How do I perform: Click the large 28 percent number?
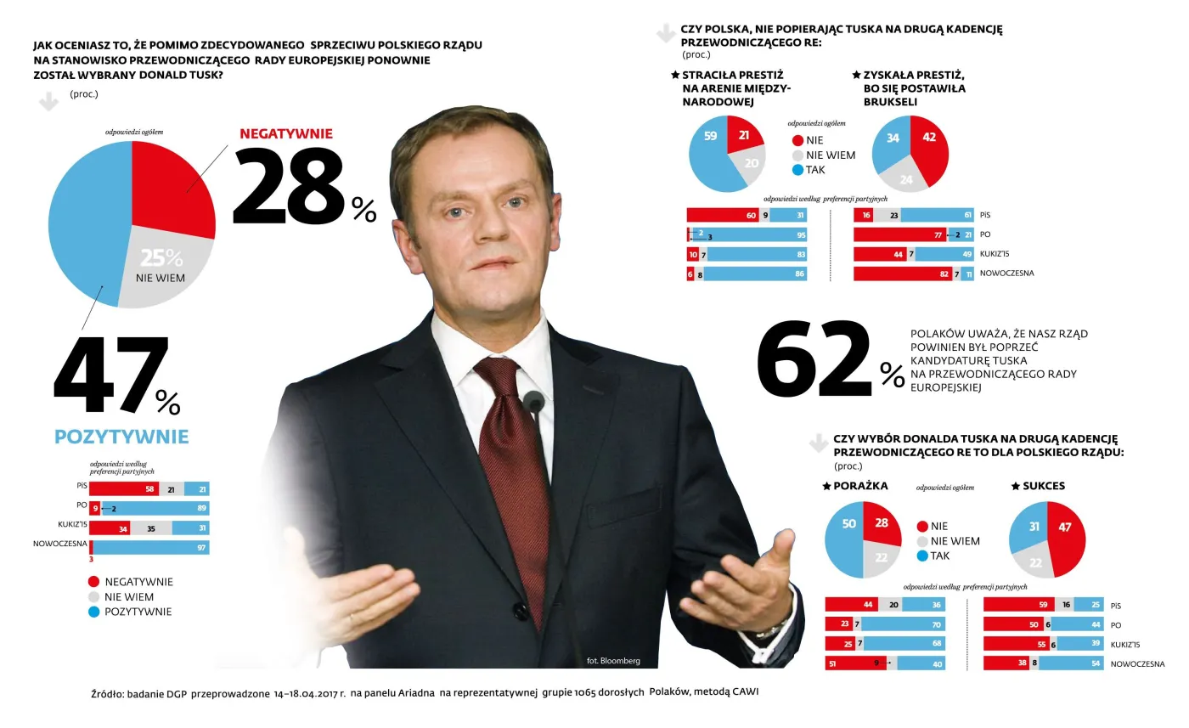tap(289, 189)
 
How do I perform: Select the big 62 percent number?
tap(814, 362)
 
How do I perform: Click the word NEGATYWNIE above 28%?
tap(285, 133)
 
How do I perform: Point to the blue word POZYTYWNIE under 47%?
tap(121, 437)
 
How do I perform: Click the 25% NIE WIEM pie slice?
tap(162, 265)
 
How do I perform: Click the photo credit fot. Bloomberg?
tap(613, 661)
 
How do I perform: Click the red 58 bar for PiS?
tap(123, 488)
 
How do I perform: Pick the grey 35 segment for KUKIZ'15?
tap(150, 528)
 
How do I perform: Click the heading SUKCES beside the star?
tap(1043, 486)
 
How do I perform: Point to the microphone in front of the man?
tap(533, 401)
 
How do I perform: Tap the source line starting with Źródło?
tap(425, 692)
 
